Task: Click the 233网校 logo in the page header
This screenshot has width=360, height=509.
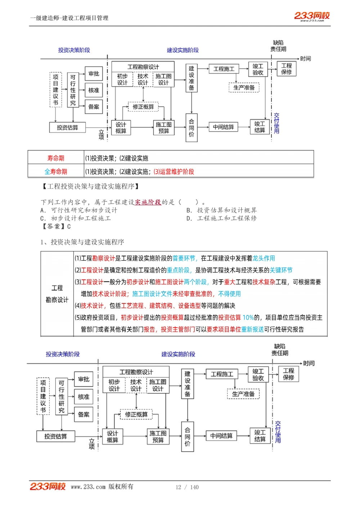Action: click(312, 16)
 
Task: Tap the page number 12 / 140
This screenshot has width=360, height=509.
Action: click(187, 487)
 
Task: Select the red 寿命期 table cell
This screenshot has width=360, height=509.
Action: click(56, 158)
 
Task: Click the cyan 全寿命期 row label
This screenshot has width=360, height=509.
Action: click(56, 172)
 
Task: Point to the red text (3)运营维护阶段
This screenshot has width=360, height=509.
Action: click(174, 172)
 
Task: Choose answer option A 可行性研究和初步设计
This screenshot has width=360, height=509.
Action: click(79, 210)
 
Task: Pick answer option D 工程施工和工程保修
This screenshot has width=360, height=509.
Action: click(222, 218)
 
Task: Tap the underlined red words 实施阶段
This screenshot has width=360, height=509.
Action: click(148, 202)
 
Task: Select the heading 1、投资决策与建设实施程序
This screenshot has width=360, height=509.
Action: click(82, 242)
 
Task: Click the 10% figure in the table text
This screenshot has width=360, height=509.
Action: click(248, 317)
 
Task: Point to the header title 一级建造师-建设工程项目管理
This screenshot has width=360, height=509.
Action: click(69, 18)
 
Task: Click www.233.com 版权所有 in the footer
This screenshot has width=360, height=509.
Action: click(102, 487)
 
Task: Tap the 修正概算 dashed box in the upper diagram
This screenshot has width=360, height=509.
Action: click(143, 107)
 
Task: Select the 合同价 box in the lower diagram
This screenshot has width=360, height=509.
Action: click(188, 437)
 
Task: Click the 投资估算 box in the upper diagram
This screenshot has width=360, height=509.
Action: click(67, 127)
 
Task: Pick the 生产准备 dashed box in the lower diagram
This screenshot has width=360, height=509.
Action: click(243, 394)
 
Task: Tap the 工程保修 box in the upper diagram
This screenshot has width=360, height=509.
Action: click(287, 69)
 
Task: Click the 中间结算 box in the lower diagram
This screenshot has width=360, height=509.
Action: click(221, 436)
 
